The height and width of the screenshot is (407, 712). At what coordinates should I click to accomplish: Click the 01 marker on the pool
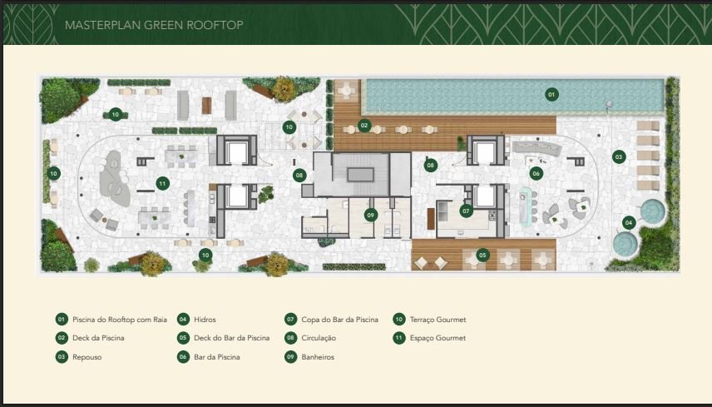551,95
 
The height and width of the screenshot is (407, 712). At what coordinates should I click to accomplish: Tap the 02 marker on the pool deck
363,126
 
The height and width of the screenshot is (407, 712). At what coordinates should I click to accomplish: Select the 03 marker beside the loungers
619,157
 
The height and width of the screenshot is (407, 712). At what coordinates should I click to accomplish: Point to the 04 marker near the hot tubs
629,222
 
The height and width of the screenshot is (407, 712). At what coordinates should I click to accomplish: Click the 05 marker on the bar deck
482,256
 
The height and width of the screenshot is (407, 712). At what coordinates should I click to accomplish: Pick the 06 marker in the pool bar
536,173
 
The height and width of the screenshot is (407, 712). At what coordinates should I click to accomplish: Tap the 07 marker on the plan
466,211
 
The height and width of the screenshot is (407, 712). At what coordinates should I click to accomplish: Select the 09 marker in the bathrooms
371,215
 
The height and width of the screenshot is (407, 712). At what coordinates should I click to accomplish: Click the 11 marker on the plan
162,183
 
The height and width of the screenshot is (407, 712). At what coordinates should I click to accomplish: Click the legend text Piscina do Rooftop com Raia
120,320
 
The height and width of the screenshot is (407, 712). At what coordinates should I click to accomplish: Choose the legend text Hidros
205,320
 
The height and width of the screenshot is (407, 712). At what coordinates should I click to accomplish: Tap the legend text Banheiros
318,357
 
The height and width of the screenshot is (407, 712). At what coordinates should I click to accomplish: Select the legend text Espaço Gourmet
438,339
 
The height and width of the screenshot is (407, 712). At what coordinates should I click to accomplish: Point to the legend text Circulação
319,339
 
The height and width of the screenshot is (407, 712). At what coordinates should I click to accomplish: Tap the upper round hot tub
652,211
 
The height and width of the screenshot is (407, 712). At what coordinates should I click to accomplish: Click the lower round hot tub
625,244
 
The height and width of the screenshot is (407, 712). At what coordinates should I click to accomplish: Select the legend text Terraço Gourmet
438,320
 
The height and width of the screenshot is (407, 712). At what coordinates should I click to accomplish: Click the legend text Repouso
87,358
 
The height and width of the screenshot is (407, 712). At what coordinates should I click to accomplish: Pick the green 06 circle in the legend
183,356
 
